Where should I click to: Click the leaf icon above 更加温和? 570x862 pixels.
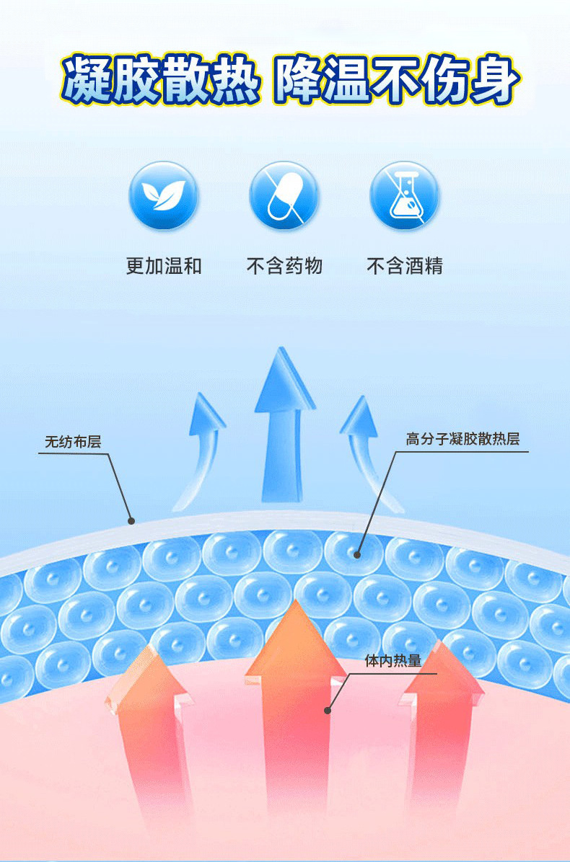pyautogui.click(x=163, y=195)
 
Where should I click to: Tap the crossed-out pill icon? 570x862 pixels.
pyautogui.click(x=284, y=195)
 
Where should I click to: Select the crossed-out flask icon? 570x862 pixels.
pyautogui.click(x=404, y=195)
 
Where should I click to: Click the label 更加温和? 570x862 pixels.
pyautogui.click(x=164, y=266)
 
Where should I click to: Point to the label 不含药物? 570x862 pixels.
pyautogui.click(x=284, y=266)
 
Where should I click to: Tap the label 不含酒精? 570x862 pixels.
pyautogui.click(x=405, y=266)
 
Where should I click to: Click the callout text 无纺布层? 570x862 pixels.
pyautogui.click(x=73, y=442)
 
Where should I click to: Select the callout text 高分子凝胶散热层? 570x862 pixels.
pyautogui.click(x=462, y=439)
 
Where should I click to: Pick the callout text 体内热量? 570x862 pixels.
pyautogui.click(x=393, y=661)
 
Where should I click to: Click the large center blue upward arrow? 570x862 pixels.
pyautogui.click(x=284, y=425)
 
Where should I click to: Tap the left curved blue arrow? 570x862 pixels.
pyautogui.click(x=202, y=447)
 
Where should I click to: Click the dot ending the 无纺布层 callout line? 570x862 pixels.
pyautogui.click(x=131, y=520)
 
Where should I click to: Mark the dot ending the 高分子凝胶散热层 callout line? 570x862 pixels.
pyautogui.click(x=356, y=554)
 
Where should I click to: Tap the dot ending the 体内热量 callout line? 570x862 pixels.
pyautogui.click(x=328, y=710)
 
